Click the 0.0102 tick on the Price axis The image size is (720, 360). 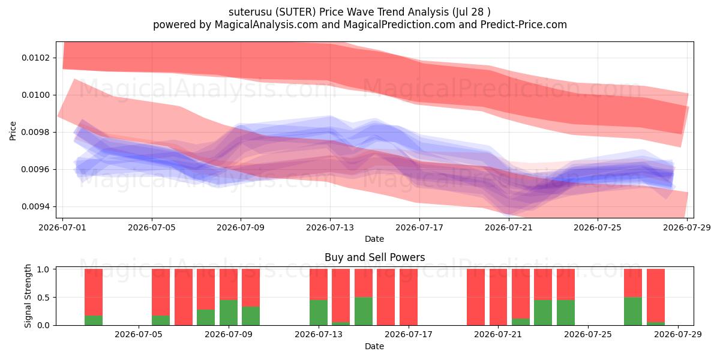35,58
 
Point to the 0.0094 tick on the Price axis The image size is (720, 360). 35,206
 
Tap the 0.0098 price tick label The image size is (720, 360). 35,132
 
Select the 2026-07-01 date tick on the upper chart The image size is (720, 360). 62,227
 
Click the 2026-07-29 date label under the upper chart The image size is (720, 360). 687,227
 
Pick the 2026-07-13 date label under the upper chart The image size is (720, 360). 330,227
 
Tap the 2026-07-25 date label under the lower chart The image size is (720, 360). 588,335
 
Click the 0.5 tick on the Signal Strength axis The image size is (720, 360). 43,298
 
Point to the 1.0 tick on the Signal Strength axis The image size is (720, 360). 43,269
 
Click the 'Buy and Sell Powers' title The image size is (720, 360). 375,257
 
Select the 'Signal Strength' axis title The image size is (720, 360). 28,296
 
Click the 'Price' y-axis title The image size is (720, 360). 13,131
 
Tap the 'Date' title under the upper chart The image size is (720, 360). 374,239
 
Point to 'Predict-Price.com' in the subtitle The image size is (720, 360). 524,25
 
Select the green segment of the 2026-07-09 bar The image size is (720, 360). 229,313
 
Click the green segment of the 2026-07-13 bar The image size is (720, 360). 319,313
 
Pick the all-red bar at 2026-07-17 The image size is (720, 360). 409,297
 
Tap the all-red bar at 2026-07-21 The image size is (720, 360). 498,297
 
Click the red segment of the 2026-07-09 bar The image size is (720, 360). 229,284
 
